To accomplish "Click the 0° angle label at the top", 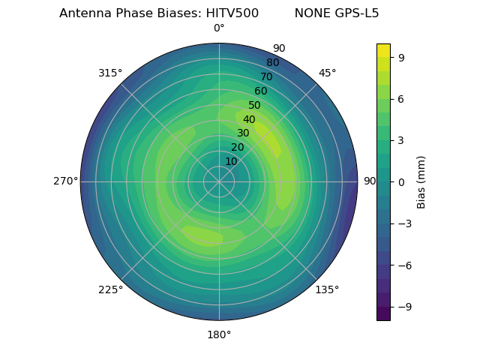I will [x=219, y=28].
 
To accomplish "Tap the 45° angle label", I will [x=327, y=73].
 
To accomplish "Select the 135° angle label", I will [x=327, y=289].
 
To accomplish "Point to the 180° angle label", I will [x=219, y=334].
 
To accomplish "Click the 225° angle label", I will [x=110, y=290].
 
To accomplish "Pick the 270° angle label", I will [x=66, y=181].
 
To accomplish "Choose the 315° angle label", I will [x=110, y=73].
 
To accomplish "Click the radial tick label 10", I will [x=231, y=161].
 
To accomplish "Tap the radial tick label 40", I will [x=249, y=120].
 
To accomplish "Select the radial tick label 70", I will [x=266, y=76].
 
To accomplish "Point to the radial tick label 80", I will [x=272, y=63].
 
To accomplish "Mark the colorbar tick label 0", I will [x=402, y=181].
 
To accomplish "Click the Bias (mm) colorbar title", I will [x=421, y=181].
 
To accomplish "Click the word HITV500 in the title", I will [x=232, y=13].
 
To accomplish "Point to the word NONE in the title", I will [x=310, y=13].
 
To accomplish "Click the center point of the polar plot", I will [x=219, y=181].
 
